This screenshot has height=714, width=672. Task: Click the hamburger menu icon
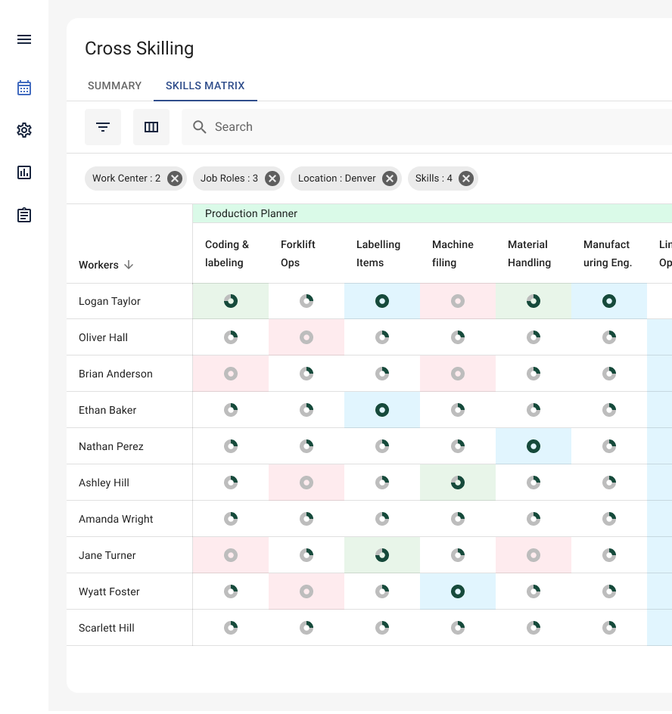(24, 39)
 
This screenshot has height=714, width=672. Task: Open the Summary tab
(114, 85)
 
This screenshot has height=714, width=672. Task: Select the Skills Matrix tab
(205, 85)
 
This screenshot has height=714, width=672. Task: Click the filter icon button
(103, 127)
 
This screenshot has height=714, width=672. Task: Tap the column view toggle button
(151, 127)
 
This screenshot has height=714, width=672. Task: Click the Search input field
(424, 127)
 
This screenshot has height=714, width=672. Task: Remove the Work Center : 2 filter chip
(175, 178)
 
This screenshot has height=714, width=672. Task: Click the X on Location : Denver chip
(389, 178)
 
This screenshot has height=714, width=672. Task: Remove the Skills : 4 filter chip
(466, 178)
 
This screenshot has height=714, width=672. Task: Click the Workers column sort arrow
(129, 265)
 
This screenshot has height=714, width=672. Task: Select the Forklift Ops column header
(298, 253)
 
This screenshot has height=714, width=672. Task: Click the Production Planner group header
(251, 213)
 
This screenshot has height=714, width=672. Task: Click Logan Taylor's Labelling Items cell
(382, 301)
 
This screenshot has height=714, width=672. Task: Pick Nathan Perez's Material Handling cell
(534, 446)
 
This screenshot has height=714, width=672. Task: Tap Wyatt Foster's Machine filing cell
(458, 591)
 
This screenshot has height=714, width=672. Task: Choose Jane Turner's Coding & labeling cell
(231, 555)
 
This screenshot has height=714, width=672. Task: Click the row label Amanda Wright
(116, 519)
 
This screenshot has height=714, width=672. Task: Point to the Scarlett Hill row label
(107, 628)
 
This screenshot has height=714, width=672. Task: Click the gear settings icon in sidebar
(24, 130)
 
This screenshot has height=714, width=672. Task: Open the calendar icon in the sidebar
(24, 88)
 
